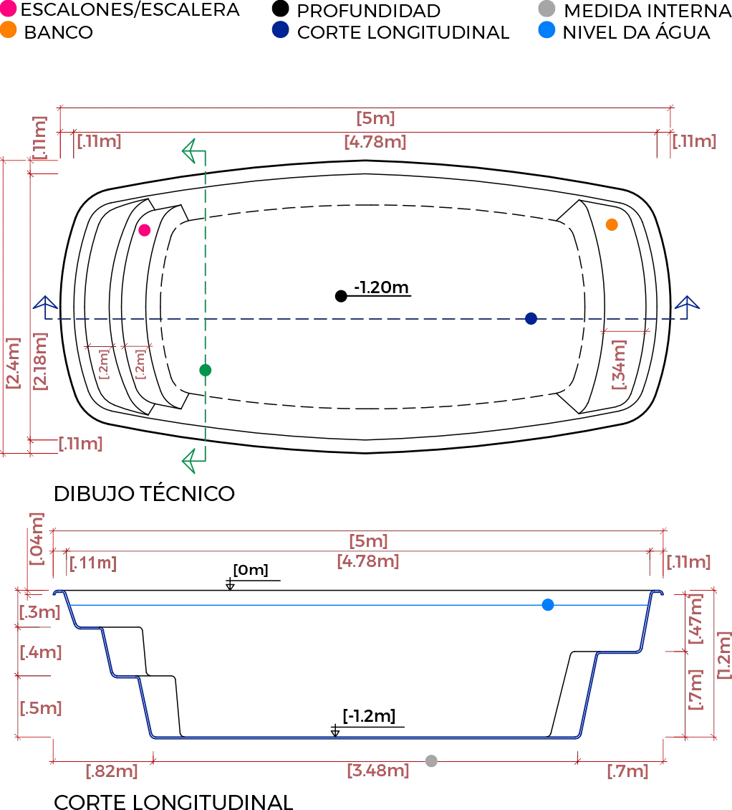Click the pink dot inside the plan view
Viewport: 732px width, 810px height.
pyautogui.click(x=145, y=230)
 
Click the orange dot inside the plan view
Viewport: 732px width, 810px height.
pyautogui.click(x=612, y=225)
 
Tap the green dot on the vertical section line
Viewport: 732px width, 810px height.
pyautogui.click(x=204, y=370)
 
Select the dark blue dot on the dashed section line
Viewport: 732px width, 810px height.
pyautogui.click(x=530, y=318)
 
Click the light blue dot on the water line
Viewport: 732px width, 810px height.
pyautogui.click(x=547, y=605)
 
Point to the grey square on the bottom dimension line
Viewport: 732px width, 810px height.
pyautogui.click(x=432, y=760)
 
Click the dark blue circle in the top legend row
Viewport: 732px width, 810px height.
pyautogui.click(x=280, y=30)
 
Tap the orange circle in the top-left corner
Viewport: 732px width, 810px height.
pyautogui.click(x=8, y=30)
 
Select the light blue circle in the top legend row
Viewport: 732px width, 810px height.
pyautogui.click(x=546, y=30)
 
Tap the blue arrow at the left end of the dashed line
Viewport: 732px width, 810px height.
pyautogui.click(x=44, y=306)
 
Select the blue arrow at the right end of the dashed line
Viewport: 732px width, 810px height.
pyautogui.click(x=688, y=306)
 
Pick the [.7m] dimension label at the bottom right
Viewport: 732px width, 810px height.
pyautogui.click(x=630, y=772)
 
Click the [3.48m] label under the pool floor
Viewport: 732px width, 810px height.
pyautogui.click(x=377, y=772)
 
